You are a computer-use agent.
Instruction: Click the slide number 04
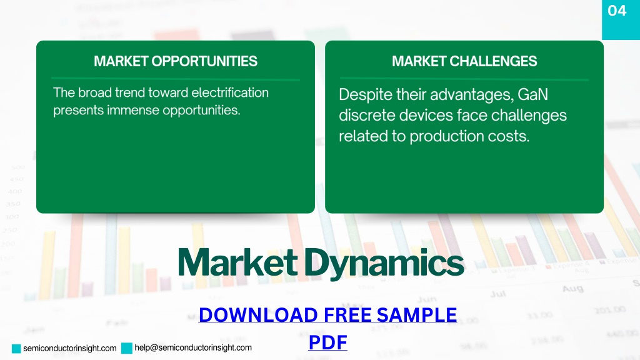617,11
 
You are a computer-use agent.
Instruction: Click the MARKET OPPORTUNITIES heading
176,61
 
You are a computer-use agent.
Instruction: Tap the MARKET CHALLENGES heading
464,61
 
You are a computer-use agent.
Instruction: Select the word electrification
230,92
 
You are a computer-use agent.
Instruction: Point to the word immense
133,110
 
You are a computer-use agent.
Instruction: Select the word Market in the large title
238,262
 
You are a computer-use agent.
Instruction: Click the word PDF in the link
327,342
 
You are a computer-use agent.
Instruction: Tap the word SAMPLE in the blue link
417,315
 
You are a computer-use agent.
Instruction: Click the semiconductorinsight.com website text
70,348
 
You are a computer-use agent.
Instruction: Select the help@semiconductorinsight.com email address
193,347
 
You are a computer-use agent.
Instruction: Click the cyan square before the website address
16,349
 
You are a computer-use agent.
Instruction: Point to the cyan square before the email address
127,348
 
